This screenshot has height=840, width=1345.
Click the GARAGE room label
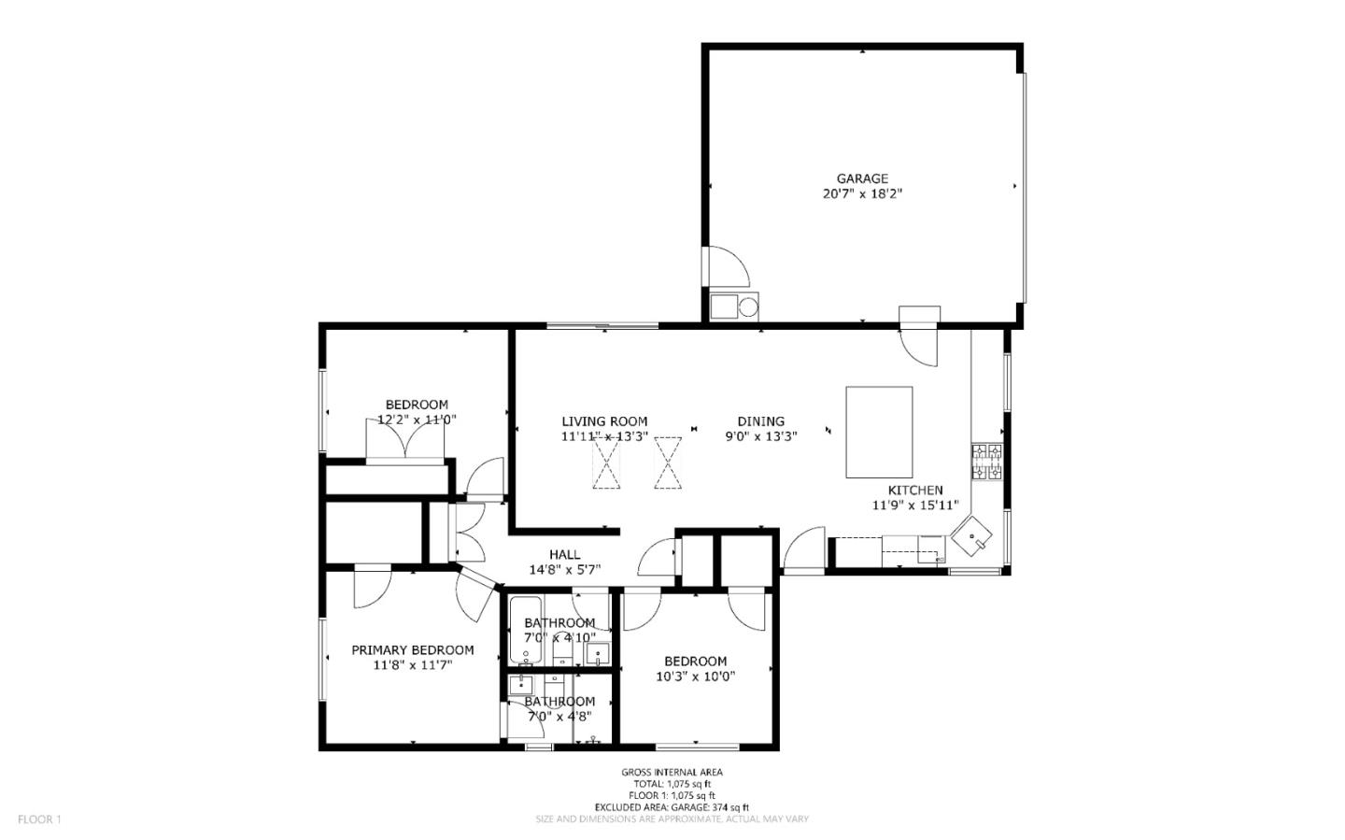coord(861,178)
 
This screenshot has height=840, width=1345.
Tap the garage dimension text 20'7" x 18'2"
coord(861,194)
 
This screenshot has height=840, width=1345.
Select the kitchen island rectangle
coord(879,432)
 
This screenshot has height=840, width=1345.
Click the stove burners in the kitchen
coord(987,462)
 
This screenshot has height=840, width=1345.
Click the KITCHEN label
coord(914,491)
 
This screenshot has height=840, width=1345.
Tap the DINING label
coord(760,421)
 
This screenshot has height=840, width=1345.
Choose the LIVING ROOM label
coord(604,421)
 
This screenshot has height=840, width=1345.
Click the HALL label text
coord(564,554)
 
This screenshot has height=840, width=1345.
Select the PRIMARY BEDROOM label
coord(412,650)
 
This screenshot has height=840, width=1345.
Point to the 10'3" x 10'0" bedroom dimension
coord(696,676)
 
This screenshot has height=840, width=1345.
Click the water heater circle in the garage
coord(747,306)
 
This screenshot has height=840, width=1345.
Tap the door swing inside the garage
coord(729,267)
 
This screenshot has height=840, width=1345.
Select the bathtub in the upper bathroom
coord(522,631)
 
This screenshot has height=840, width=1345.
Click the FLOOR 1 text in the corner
coord(39,819)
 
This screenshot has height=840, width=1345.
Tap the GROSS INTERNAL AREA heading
coord(672,772)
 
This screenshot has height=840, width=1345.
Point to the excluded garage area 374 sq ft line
coord(672,807)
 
